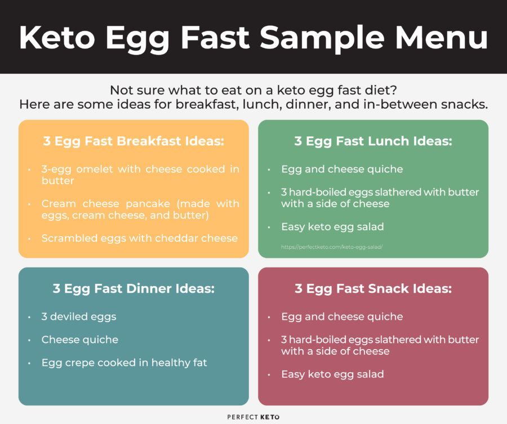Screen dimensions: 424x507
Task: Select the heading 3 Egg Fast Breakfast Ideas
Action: click(x=134, y=141)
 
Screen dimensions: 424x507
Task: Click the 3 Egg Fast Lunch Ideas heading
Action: click(x=373, y=141)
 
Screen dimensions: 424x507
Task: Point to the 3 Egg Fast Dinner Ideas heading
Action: click(x=134, y=289)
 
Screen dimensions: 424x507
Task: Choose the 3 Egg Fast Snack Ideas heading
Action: click(x=373, y=289)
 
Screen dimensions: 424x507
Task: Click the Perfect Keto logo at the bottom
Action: click(x=253, y=417)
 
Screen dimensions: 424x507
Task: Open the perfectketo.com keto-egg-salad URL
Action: click(x=332, y=247)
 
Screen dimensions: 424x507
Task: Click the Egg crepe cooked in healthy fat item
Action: click(x=124, y=363)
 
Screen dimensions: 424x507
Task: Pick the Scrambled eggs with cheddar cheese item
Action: click(x=140, y=238)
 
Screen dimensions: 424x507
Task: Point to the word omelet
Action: click(x=93, y=169)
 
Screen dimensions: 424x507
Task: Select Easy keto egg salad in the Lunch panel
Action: click(x=332, y=227)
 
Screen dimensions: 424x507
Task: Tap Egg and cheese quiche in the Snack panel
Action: click(x=342, y=316)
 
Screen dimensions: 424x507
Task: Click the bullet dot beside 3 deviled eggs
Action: click(x=29, y=317)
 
